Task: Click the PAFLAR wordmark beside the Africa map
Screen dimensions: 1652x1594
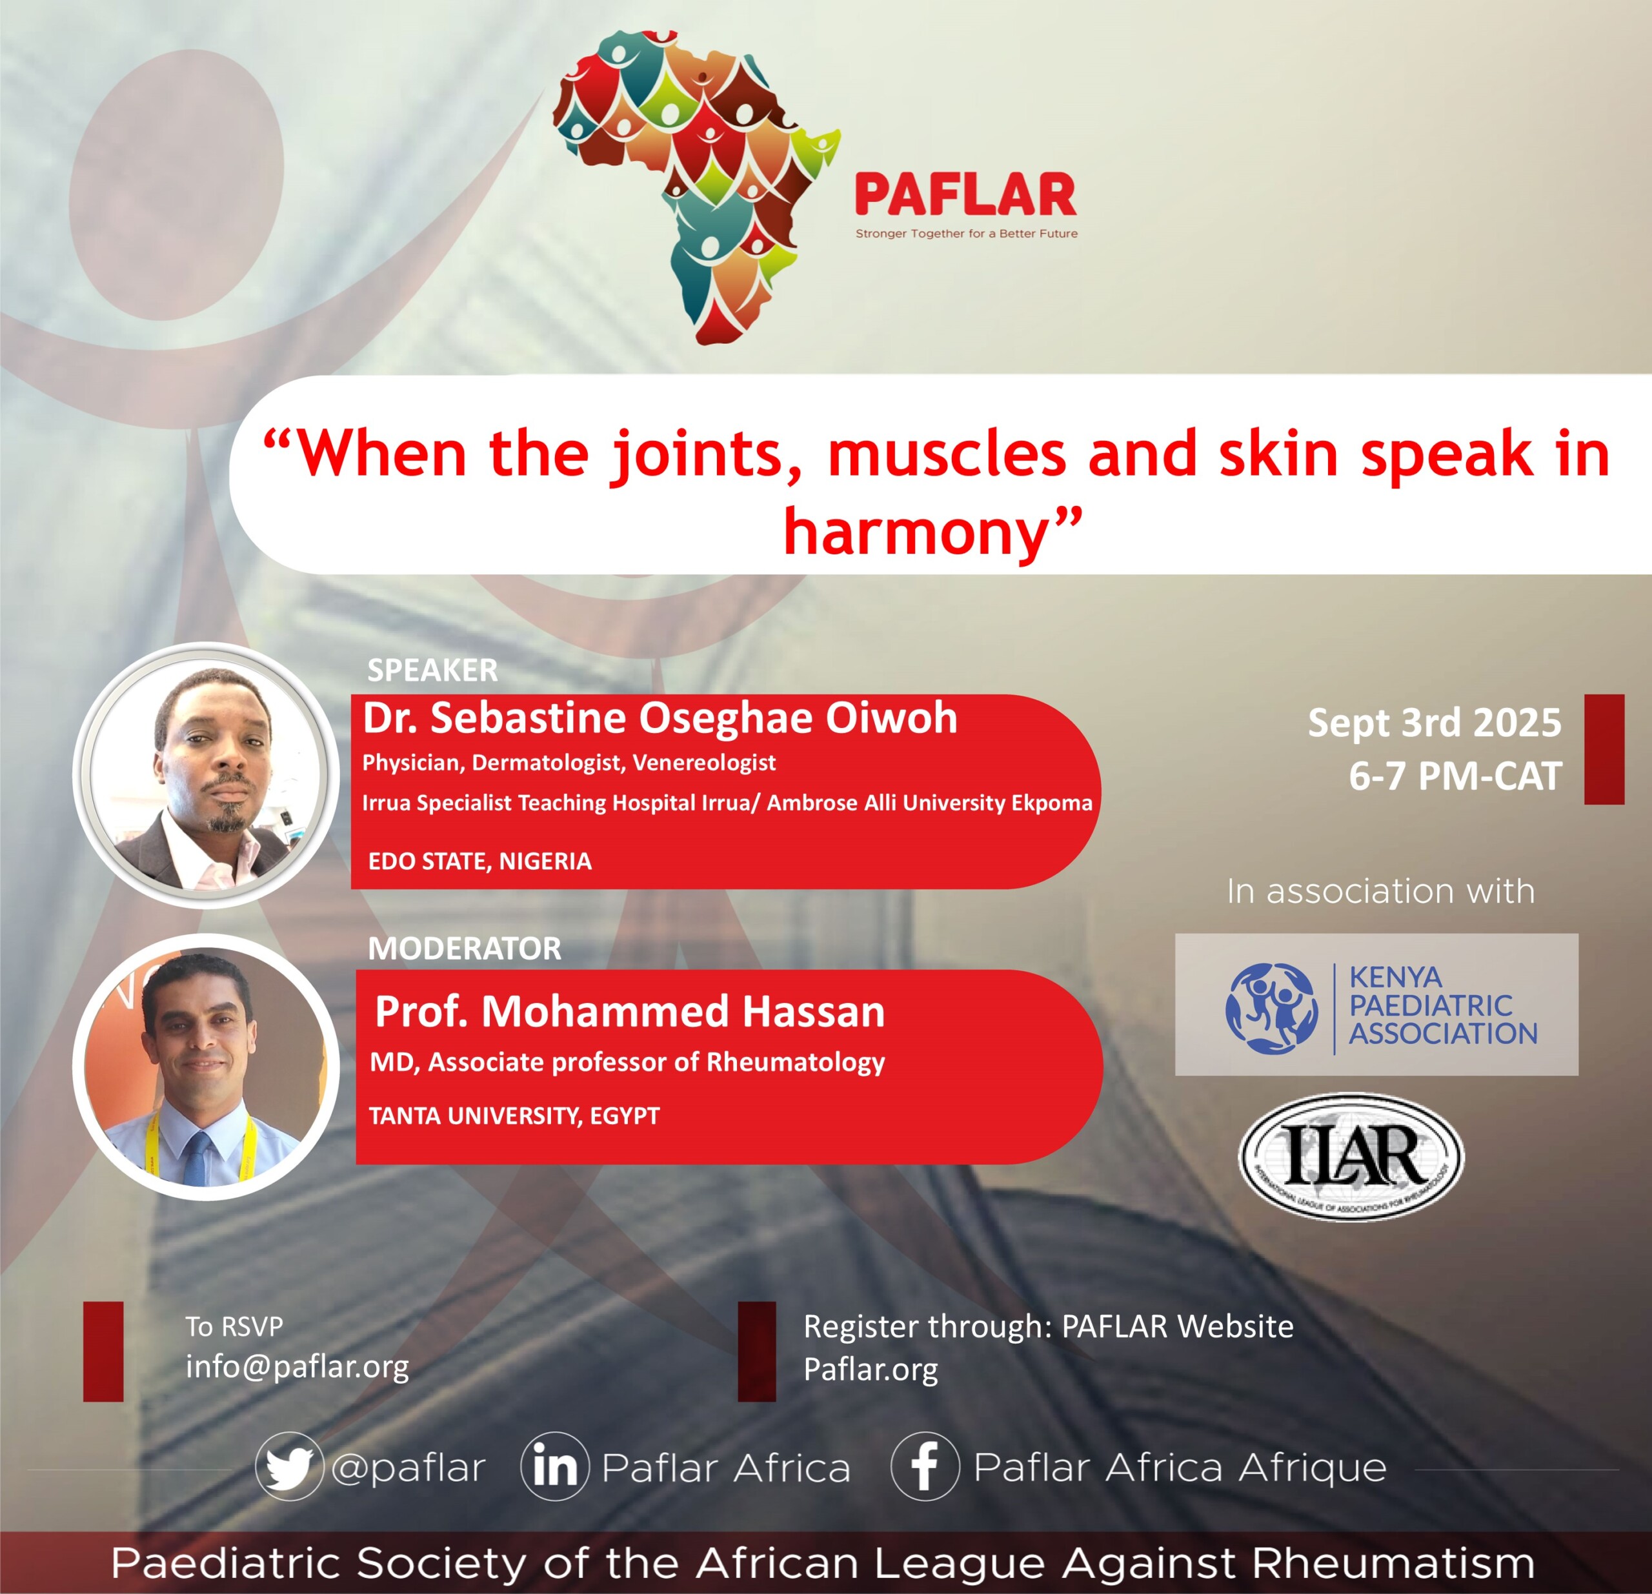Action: [966, 195]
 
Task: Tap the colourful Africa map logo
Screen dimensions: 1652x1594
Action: [696, 188]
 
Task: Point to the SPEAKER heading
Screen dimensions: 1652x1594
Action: [432, 670]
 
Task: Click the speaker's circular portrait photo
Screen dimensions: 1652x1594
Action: [206, 776]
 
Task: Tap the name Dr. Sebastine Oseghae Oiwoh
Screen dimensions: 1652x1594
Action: [660, 718]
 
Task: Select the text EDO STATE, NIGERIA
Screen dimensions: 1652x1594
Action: [479, 862]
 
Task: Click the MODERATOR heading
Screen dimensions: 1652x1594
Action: [465, 948]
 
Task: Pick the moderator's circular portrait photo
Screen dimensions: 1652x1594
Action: [206, 1066]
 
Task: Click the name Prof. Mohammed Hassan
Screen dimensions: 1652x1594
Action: [630, 1011]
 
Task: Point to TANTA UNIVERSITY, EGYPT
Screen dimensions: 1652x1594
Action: [514, 1116]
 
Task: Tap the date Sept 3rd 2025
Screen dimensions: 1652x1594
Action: [1435, 722]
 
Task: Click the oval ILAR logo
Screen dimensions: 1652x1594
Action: [1351, 1156]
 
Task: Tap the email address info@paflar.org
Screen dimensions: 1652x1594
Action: [297, 1366]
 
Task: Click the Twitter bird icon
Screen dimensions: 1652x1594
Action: [289, 1468]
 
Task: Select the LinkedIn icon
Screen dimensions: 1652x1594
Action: [554, 1468]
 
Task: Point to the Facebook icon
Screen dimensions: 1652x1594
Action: [925, 1468]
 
